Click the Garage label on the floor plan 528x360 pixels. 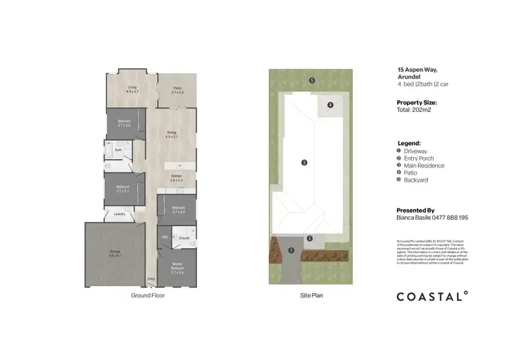(x=114, y=254)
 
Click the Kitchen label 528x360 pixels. (x=176, y=178)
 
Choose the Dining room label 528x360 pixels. (x=172, y=134)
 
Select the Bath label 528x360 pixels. (x=119, y=149)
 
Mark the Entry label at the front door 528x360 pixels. (x=151, y=280)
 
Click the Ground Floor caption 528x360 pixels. (x=148, y=296)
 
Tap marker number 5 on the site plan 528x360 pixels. (x=311, y=80)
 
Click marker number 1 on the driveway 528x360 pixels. (x=291, y=250)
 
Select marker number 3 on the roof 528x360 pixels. (x=304, y=163)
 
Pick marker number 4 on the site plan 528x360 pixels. (x=329, y=105)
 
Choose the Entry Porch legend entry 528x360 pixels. (x=417, y=159)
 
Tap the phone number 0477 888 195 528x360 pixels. (x=449, y=218)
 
